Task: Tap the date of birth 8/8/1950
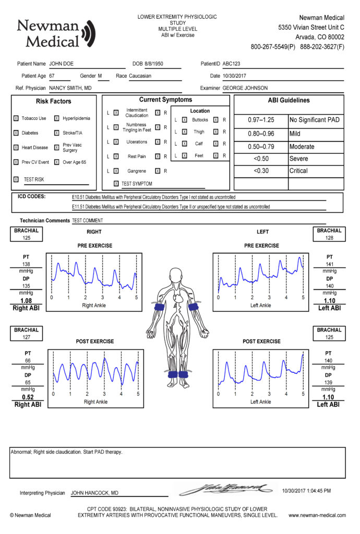(155, 64)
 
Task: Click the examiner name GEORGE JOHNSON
(245, 88)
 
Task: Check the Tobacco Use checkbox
(16, 118)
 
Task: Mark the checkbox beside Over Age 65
(57, 162)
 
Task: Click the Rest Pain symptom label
(137, 156)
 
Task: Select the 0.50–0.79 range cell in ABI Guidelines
(260, 147)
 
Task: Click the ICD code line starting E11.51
(171, 207)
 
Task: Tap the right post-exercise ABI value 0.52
(28, 396)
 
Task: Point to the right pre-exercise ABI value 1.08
(26, 301)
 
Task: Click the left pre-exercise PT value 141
(329, 264)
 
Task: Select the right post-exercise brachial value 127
(26, 337)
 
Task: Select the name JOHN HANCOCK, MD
(94, 493)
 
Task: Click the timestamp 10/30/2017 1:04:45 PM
(306, 491)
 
